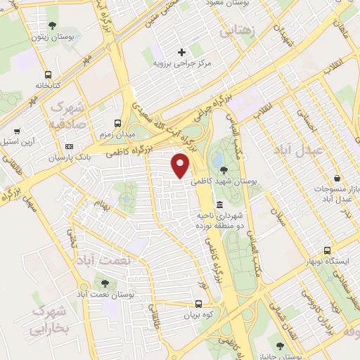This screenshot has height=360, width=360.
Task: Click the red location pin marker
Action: coord(181,166)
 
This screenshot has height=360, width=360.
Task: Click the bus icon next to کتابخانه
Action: coord(47,75)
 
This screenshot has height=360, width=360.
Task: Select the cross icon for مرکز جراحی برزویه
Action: coord(181,52)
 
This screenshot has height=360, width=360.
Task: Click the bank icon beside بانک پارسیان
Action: coord(68,146)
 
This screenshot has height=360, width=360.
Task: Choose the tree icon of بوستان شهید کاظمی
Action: coord(224,169)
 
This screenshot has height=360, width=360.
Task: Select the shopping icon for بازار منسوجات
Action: coord(339,179)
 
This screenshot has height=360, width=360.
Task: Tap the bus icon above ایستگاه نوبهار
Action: coord(327,250)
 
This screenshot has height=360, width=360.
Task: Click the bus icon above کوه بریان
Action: coord(199,304)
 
